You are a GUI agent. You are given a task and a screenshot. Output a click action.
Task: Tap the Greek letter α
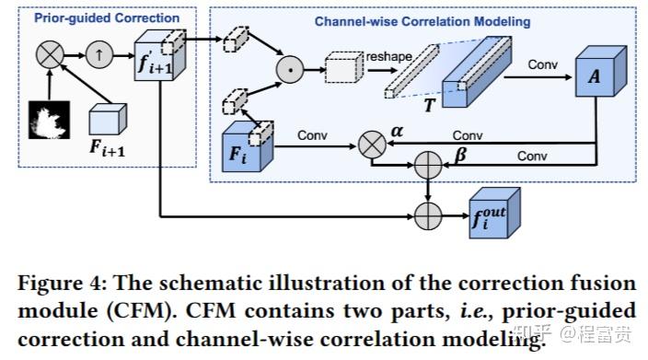coord(397,132)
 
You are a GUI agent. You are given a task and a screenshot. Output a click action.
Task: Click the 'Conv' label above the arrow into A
coord(544,64)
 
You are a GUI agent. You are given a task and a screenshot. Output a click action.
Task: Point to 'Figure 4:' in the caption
coord(52,281)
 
